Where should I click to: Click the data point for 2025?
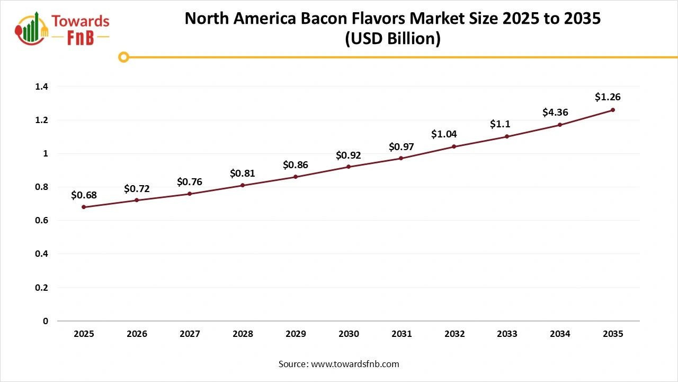(x=84, y=207)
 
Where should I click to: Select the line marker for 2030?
(x=349, y=167)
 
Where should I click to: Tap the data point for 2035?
(x=613, y=110)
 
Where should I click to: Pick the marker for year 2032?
(x=454, y=146)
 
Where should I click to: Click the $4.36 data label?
(x=555, y=112)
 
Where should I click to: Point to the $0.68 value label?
(x=84, y=195)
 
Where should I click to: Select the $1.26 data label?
(x=608, y=97)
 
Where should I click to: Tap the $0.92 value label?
(x=349, y=155)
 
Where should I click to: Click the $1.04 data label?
(x=444, y=134)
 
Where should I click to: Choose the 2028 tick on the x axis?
(x=243, y=334)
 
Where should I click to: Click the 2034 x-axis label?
(x=560, y=334)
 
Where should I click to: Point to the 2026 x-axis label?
(x=137, y=334)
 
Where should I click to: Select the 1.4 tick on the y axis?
(x=42, y=86)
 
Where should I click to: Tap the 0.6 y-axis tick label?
(x=42, y=221)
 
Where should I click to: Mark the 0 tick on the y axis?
(x=46, y=321)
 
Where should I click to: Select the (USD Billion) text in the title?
(x=392, y=39)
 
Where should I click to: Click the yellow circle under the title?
(x=123, y=57)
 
